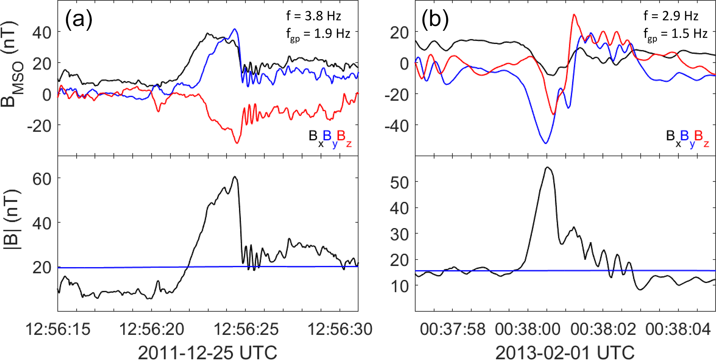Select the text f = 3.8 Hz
pyautogui.click(x=313, y=16)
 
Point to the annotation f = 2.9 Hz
pyautogui.click(x=671, y=16)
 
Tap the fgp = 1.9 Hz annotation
pyautogui.click(x=318, y=34)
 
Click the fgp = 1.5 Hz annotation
pyautogui.click(x=675, y=34)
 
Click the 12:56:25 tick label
pyautogui.click(x=246, y=329)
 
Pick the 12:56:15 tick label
pyautogui.click(x=58, y=329)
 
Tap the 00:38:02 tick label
pyautogui.click(x=603, y=329)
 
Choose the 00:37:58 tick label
pyautogui.click(x=453, y=329)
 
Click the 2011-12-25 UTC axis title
pyautogui.click(x=207, y=352)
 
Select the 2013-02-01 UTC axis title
pyautogui.click(x=565, y=352)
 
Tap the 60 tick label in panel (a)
pyautogui.click(x=42, y=179)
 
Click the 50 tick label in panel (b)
pyautogui.click(x=399, y=182)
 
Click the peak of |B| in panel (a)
pyautogui.click(x=235, y=177)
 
